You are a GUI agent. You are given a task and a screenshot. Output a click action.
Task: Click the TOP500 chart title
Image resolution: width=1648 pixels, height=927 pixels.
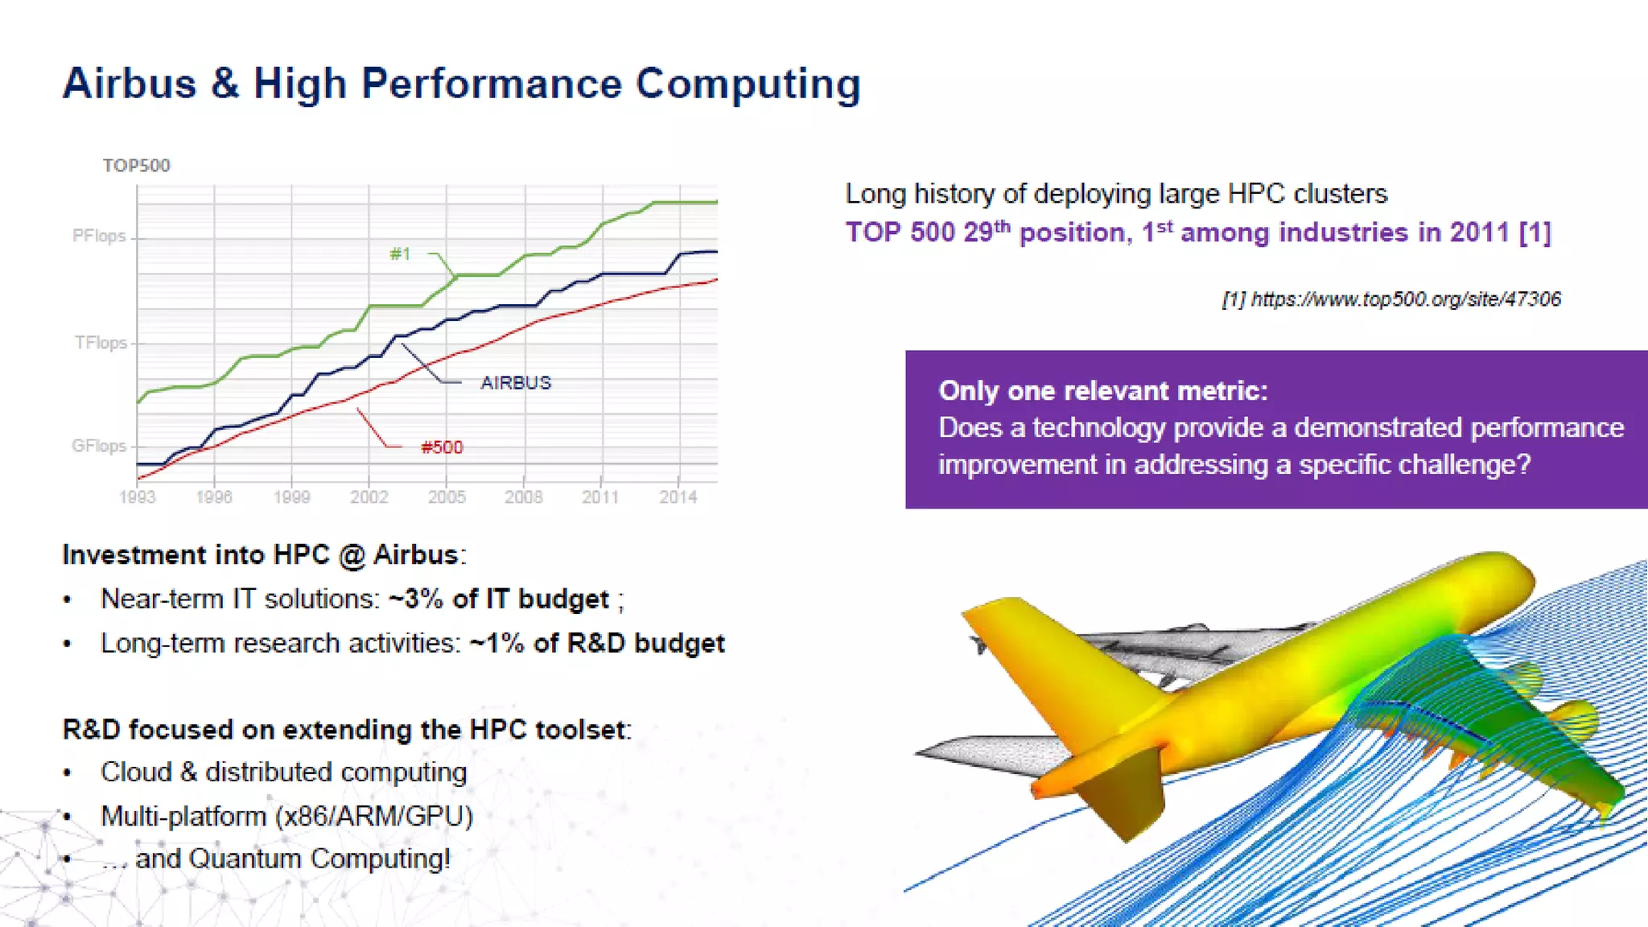(136, 166)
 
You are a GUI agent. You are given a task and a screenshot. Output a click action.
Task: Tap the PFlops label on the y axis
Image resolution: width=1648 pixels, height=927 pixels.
(99, 236)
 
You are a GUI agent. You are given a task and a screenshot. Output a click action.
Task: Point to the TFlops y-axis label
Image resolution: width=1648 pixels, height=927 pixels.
(101, 343)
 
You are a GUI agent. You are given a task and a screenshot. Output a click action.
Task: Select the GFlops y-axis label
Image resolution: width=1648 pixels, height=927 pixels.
(99, 446)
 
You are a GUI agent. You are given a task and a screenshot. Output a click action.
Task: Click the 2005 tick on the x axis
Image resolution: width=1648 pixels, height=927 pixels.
(447, 497)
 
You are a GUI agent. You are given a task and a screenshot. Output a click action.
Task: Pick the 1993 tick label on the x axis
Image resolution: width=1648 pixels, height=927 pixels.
(137, 497)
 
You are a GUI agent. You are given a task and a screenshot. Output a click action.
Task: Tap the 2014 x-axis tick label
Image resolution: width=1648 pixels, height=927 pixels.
(678, 497)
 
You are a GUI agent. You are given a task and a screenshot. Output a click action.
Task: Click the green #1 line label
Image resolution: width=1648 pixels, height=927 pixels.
(400, 254)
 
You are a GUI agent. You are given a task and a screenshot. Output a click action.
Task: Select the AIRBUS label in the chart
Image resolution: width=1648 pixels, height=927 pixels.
(516, 383)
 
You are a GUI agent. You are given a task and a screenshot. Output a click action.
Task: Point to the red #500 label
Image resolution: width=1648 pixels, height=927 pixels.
(442, 447)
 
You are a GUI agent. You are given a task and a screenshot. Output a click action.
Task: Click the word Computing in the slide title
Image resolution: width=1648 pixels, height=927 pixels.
(748, 84)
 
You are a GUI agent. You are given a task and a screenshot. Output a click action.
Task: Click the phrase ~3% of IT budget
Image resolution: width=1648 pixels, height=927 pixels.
(498, 599)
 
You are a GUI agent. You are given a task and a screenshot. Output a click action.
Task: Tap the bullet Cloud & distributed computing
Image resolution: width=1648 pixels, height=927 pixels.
(283, 772)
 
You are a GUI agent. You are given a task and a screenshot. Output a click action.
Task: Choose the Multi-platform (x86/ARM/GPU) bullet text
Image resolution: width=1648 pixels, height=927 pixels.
(286, 817)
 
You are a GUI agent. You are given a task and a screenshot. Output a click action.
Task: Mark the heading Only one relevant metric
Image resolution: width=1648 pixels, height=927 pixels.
(1102, 391)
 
